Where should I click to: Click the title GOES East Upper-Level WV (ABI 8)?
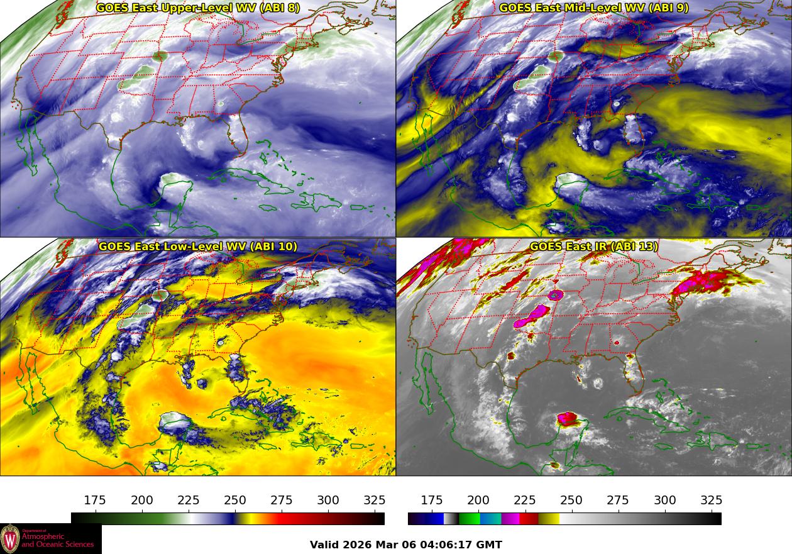click(x=197, y=8)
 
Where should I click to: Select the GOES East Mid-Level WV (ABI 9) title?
click(x=593, y=8)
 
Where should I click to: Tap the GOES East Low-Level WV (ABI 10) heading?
click(x=197, y=247)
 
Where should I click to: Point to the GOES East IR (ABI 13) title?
click(x=593, y=247)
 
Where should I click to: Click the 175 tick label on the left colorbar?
click(x=95, y=501)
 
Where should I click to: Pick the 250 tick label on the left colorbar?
click(x=235, y=501)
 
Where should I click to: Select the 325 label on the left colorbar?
click(x=375, y=501)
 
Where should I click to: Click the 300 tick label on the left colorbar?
click(x=328, y=501)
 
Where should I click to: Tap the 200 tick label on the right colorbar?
click(x=478, y=501)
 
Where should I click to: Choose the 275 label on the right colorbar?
click(x=618, y=501)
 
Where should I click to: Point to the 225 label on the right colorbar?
click(x=525, y=501)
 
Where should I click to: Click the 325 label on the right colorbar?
click(x=711, y=501)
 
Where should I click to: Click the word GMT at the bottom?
click(x=490, y=545)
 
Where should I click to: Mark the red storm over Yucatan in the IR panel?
click(x=568, y=419)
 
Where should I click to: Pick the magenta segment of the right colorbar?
click(x=510, y=519)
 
